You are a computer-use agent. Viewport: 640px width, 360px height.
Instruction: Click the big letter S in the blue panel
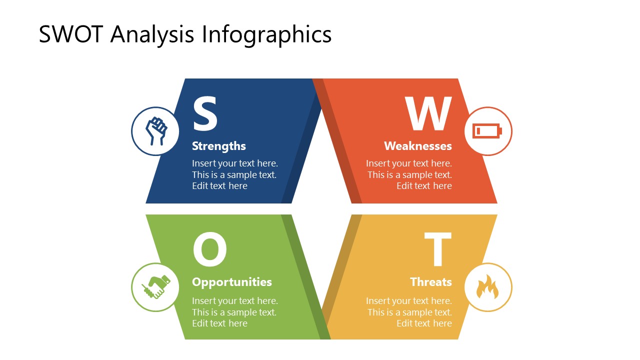(205, 114)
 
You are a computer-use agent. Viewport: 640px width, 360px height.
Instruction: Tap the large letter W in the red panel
(428, 114)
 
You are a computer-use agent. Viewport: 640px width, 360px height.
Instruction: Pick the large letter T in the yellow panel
(438, 250)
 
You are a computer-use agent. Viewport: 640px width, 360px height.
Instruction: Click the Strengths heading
(219, 146)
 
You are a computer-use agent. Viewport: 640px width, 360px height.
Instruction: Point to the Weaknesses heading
(417, 146)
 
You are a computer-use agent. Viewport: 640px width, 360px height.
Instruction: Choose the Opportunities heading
(232, 282)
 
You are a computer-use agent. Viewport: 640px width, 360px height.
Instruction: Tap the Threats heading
(430, 282)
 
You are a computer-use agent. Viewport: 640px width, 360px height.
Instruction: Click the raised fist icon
(155, 131)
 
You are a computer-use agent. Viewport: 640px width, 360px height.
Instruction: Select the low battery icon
(487, 131)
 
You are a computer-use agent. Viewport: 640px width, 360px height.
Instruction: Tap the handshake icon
(155, 287)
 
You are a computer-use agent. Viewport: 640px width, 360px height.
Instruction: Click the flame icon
(487, 287)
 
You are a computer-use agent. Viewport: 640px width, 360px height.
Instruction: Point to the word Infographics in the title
(266, 34)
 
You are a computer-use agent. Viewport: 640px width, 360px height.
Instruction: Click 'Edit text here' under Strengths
(219, 186)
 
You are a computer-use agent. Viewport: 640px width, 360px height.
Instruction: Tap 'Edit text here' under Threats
(424, 323)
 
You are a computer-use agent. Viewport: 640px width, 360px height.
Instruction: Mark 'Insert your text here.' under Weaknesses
(408, 163)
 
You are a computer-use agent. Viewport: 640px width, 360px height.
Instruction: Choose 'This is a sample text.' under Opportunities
(234, 312)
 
